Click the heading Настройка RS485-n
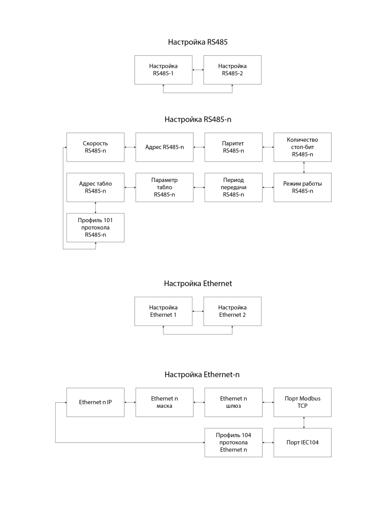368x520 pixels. tap(198, 119)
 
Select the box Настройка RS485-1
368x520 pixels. tap(163, 70)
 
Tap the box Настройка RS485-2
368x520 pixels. tap(232, 70)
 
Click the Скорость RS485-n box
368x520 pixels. tap(95, 147)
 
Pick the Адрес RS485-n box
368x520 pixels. tap(165, 147)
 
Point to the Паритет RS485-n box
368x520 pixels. tap(233, 147)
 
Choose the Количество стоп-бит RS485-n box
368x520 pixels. tap(302, 147)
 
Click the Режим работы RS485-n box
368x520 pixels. tap(302, 187)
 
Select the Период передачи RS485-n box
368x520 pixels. tap(233, 187)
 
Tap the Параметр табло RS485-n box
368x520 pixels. tap(165, 187)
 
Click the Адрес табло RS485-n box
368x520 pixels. tap(95, 187)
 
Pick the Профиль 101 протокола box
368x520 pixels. tap(95, 228)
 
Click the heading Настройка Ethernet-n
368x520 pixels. tap(202, 375)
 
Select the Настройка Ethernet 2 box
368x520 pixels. tap(232, 311)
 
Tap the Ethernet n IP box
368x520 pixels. tap(95, 402)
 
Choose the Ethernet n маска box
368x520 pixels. tap(165, 402)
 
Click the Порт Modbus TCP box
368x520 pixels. tap(302, 402)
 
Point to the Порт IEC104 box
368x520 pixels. tap(302, 443)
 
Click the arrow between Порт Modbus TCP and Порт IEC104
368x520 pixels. tap(304, 422)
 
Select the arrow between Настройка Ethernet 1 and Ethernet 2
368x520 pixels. tap(198, 311)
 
